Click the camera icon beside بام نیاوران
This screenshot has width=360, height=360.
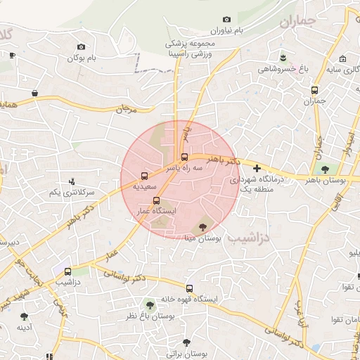tap(226, 20)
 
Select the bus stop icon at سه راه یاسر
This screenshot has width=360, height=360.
tap(184, 157)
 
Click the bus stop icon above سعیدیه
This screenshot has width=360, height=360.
tap(144, 176)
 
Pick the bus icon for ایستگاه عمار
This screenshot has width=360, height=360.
tap(156, 200)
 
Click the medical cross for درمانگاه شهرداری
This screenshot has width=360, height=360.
tap(257, 169)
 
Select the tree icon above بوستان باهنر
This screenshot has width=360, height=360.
tap(325, 169)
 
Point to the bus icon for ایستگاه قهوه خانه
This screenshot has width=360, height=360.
tap(188, 288)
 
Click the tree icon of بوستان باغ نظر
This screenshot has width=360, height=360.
tap(149, 305)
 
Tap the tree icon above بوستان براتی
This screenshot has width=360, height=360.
tap(186, 342)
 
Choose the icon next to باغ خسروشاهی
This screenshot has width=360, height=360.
tap(283, 57)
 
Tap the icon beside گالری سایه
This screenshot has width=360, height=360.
tap(342, 59)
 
